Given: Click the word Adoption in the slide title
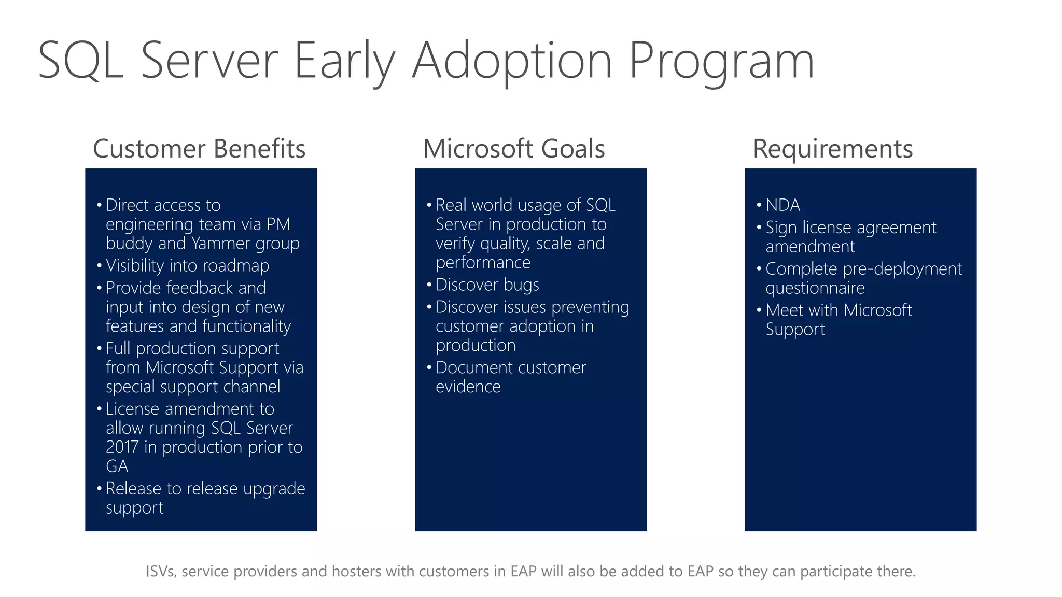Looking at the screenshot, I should point(512,61).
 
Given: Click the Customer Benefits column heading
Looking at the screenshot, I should point(199,149).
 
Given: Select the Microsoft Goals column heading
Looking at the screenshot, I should point(513,149).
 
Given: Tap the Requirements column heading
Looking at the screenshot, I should point(832,149).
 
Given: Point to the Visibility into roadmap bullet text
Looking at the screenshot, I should point(187,265).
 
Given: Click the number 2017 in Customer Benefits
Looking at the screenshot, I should point(122,447).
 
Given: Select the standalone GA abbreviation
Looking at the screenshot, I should point(117,466).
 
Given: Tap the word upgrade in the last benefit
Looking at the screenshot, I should point(274,489).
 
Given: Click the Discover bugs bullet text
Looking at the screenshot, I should point(487,285).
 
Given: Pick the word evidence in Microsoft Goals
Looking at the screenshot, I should point(468,387).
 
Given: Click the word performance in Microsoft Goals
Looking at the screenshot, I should point(483,263).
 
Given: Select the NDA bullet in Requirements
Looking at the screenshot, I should point(782,205).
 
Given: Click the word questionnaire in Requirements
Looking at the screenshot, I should point(815,288).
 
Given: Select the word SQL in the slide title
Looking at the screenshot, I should point(80,61).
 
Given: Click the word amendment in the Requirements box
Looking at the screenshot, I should point(809,247).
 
